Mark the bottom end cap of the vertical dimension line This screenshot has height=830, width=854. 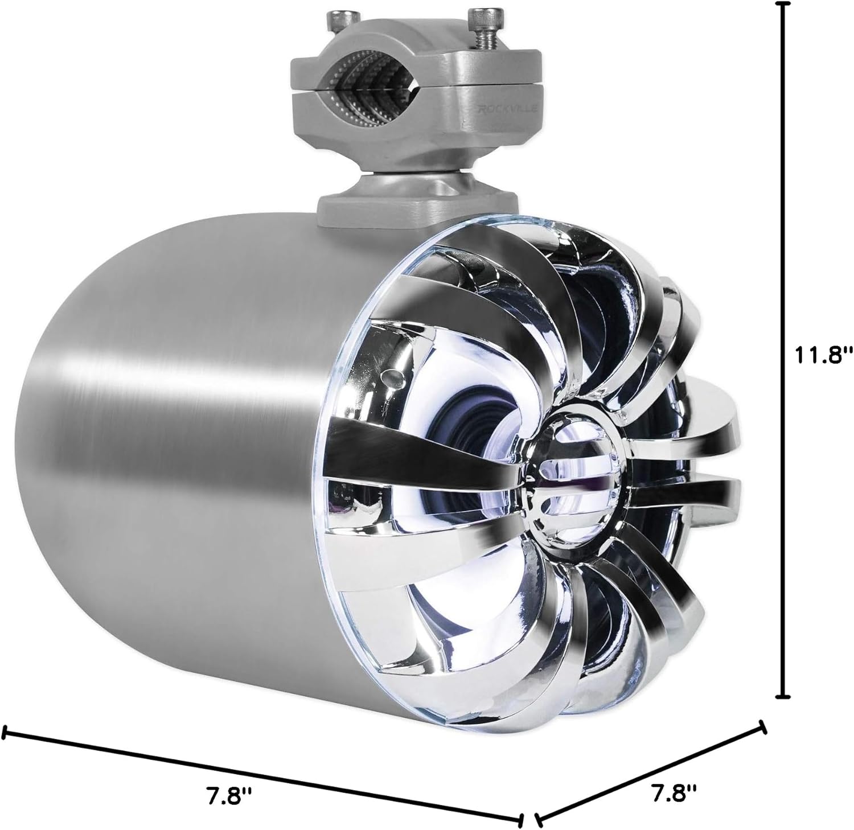pos(785,696)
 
